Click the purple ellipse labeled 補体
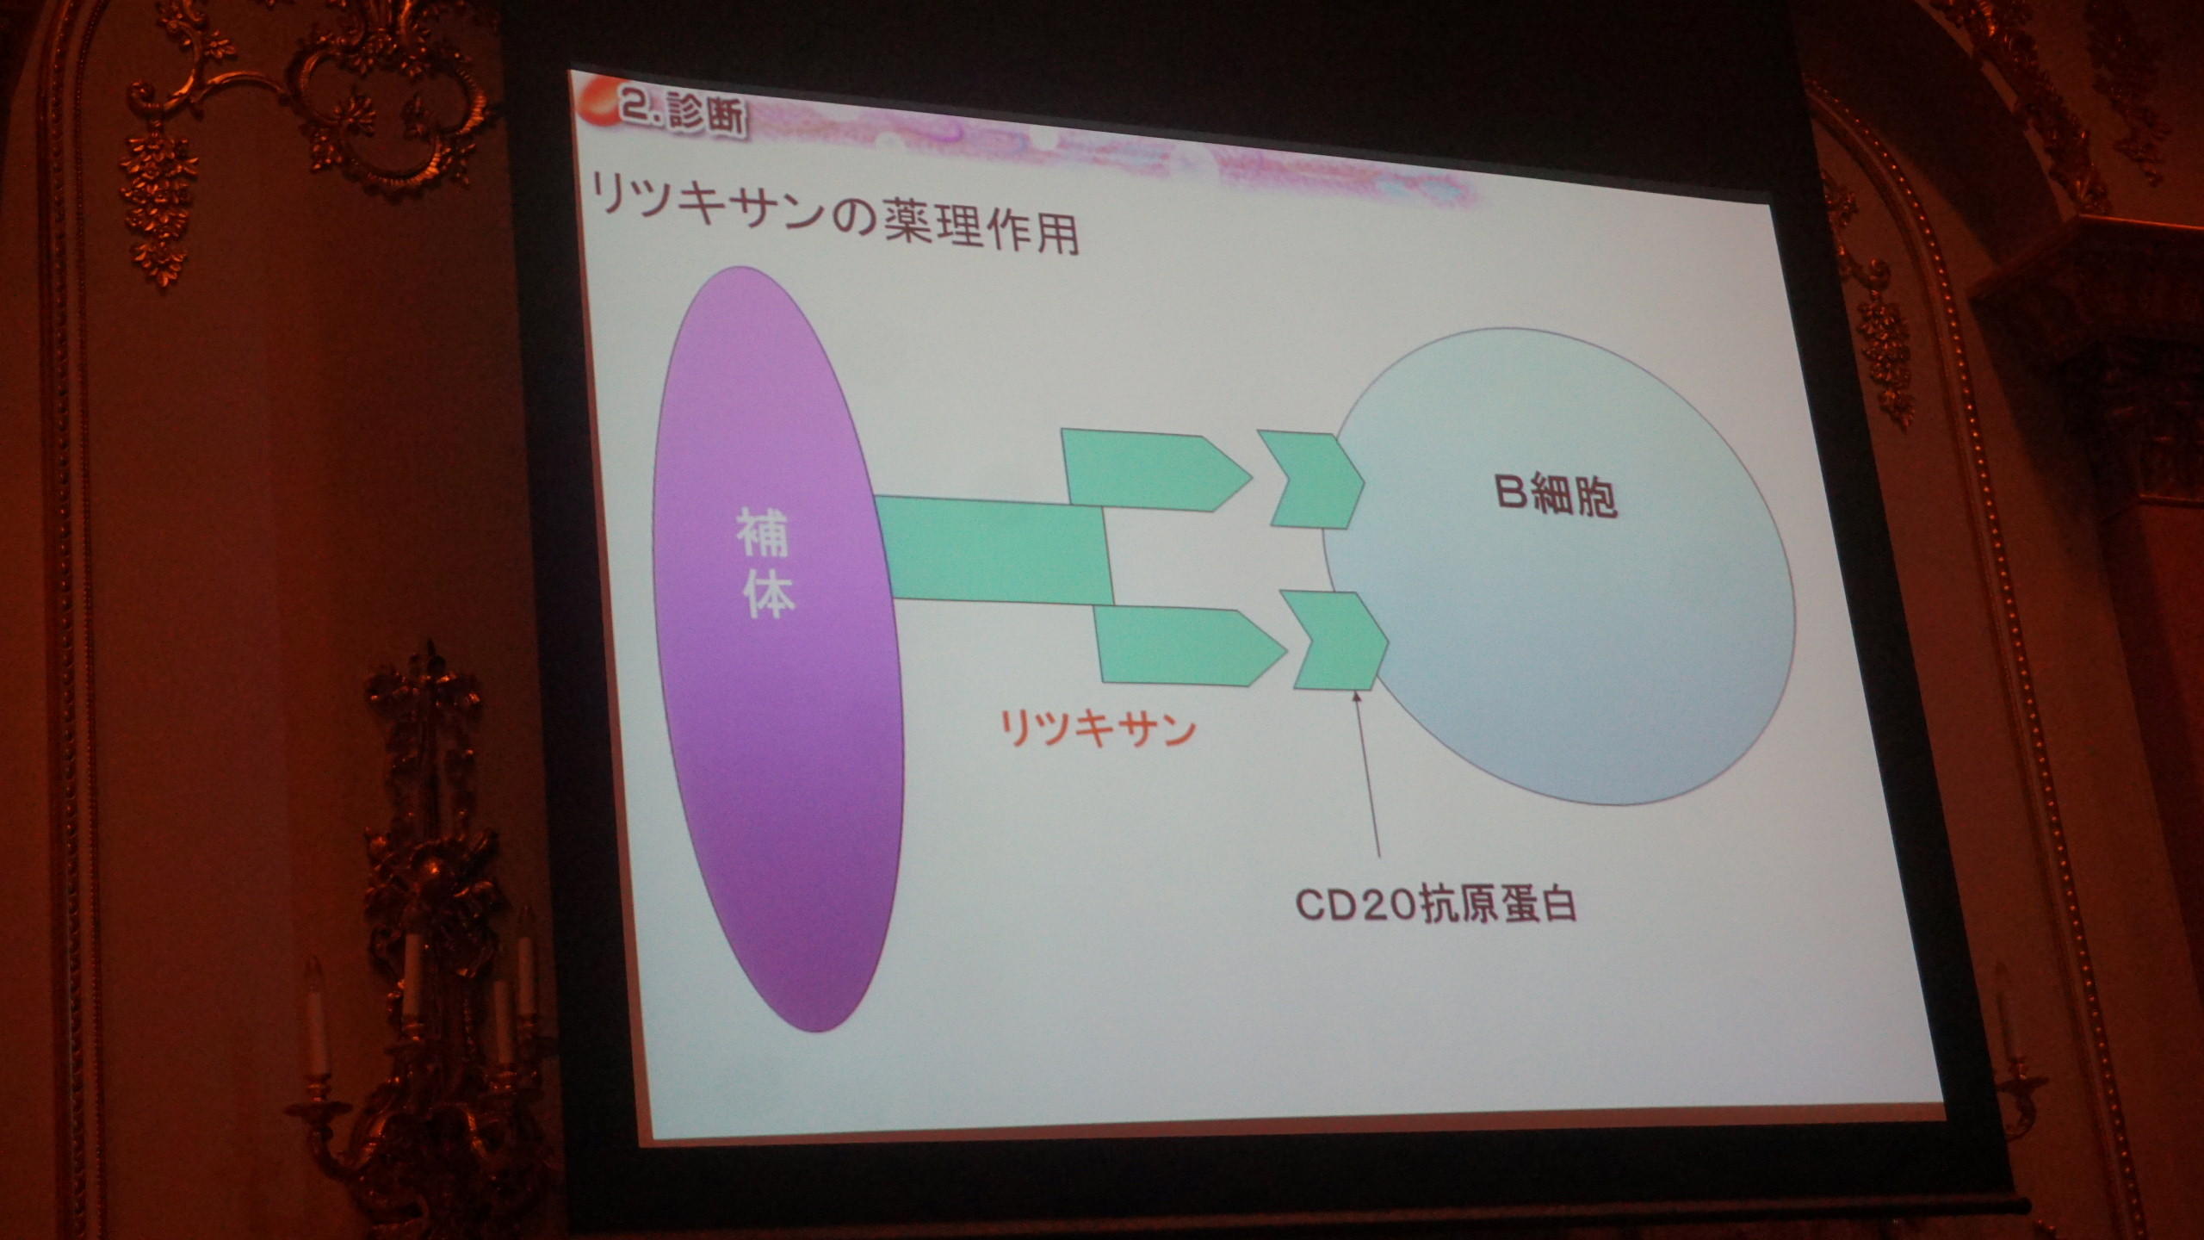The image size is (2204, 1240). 777,648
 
